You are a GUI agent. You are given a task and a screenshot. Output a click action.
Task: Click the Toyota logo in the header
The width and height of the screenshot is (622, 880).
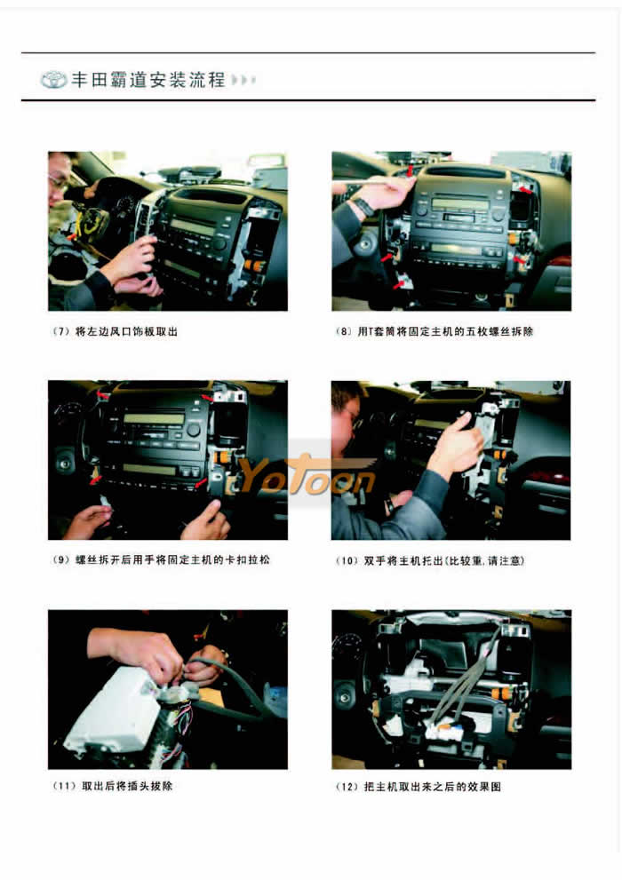(x=54, y=80)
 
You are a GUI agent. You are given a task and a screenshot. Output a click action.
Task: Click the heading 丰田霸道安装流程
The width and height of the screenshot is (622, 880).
(x=148, y=80)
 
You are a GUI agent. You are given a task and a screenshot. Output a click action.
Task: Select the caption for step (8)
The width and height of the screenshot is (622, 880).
(x=434, y=332)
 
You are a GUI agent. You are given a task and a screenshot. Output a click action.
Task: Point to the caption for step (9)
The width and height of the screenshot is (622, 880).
(x=161, y=559)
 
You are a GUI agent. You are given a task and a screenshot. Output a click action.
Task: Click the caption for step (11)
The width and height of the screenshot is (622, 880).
(x=112, y=786)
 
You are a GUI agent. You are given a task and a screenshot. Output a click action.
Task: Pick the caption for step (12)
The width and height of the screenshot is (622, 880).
(x=419, y=786)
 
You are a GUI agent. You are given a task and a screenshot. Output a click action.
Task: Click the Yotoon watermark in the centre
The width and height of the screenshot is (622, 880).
(x=307, y=477)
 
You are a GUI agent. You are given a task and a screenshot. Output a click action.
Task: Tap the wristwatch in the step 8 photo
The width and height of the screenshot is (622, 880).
(x=364, y=207)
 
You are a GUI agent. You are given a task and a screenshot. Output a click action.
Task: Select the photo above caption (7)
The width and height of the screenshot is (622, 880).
(x=168, y=231)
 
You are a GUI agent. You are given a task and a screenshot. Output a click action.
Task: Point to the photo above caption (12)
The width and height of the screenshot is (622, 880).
(x=451, y=689)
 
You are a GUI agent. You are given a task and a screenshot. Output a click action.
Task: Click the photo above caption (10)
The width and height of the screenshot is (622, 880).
(x=451, y=460)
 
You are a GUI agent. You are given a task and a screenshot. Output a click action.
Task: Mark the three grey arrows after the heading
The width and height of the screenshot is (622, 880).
(x=243, y=80)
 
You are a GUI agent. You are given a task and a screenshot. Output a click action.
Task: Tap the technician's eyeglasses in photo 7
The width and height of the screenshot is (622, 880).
(x=60, y=182)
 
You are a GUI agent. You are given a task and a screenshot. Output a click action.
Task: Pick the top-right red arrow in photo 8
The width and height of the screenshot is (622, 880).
(x=525, y=190)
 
